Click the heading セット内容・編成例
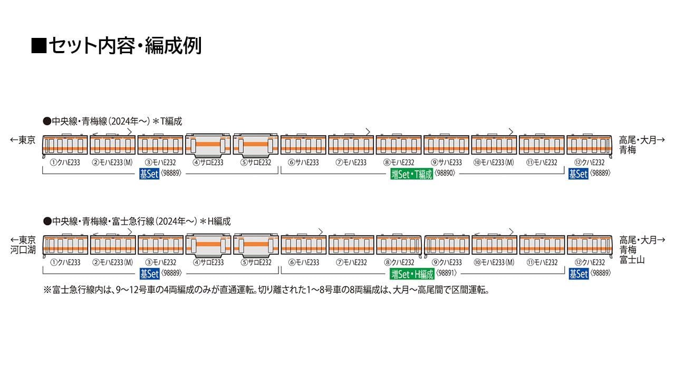[x=116, y=46]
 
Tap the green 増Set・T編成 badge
[x=412, y=174]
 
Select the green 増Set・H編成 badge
[x=412, y=274]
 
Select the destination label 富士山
[x=632, y=260]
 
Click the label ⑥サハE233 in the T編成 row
[x=303, y=163]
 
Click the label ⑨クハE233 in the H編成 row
[x=446, y=262]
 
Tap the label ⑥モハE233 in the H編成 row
[x=303, y=262]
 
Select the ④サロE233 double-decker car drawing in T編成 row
[x=208, y=145]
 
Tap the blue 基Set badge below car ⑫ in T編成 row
[x=578, y=174]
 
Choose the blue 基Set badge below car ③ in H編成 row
[x=149, y=274]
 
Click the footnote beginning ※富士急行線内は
[x=266, y=290]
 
